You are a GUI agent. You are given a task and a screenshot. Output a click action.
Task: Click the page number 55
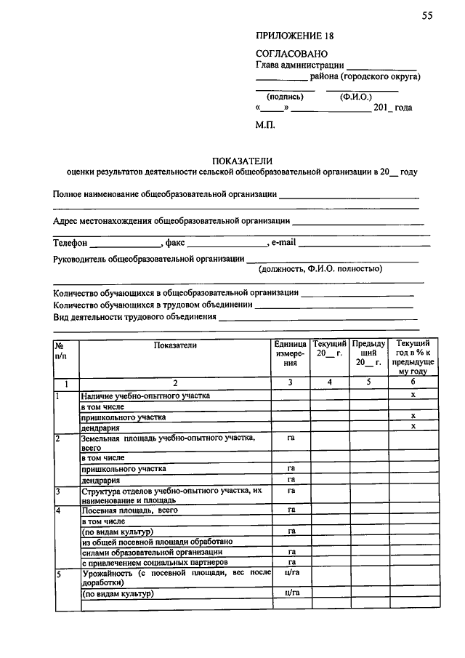pyautogui.click(x=426, y=16)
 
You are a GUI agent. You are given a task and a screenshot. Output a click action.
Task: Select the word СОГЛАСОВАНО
pyautogui.click(x=291, y=54)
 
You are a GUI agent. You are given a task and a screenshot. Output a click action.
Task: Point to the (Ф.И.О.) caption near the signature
pyautogui.click(x=355, y=95)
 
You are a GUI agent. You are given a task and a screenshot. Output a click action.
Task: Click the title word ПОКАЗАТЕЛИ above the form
pyautogui.click(x=241, y=161)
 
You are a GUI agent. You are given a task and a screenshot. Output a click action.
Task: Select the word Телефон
pyautogui.click(x=70, y=243)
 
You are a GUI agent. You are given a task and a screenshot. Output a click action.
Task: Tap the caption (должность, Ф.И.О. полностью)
pyautogui.click(x=320, y=268)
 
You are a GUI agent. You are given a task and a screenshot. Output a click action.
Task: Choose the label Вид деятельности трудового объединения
pyautogui.click(x=135, y=317)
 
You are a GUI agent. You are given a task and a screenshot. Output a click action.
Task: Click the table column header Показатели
pyautogui.click(x=175, y=345)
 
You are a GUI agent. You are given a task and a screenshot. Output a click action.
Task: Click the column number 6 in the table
pyautogui.click(x=413, y=382)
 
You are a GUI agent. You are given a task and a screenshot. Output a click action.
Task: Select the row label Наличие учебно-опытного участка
pyautogui.click(x=145, y=396)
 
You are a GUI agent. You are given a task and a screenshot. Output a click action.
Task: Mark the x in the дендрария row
pyautogui.click(x=413, y=427)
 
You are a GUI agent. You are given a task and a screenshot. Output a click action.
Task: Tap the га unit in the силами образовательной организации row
pyautogui.click(x=291, y=552)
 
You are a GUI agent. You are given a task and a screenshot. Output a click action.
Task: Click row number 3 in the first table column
pyautogui.click(x=58, y=491)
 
